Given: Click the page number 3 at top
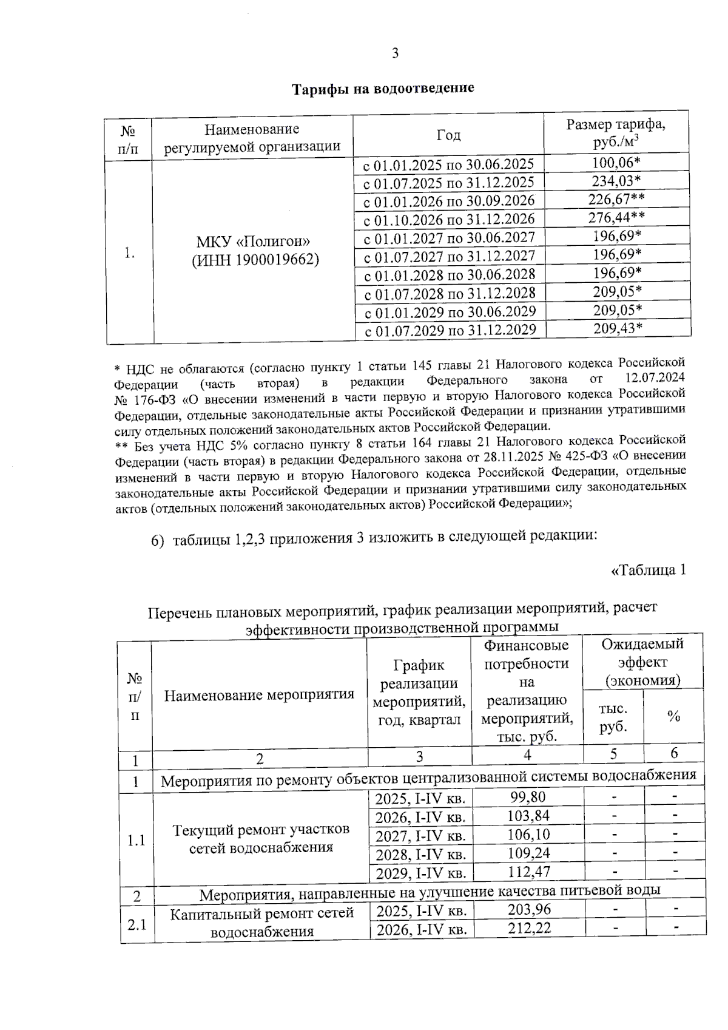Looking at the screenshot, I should [395, 53].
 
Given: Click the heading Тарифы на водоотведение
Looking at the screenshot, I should [383, 89].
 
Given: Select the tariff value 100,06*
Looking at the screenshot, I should [616, 162].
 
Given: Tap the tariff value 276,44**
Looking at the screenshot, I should [616, 217].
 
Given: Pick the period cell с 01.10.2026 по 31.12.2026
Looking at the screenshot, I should [449, 219].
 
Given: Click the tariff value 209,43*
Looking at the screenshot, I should [618, 328].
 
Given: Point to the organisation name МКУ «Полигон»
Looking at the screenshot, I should [253, 242].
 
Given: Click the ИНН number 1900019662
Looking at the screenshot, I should [277, 260].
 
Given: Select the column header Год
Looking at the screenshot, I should [448, 135].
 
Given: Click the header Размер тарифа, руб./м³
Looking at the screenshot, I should [616, 133].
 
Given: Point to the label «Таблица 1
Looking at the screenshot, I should [648, 570].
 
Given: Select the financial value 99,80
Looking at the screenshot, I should [527, 798].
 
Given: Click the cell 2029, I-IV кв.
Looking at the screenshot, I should [420, 873].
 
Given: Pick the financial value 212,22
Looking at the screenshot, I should [529, 928].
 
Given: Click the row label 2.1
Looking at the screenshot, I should [136, 925].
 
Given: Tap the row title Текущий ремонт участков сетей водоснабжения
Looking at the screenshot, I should [261, 838].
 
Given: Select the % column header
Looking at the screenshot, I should [673, 716].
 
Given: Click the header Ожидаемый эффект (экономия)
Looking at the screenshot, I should [642, 662].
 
